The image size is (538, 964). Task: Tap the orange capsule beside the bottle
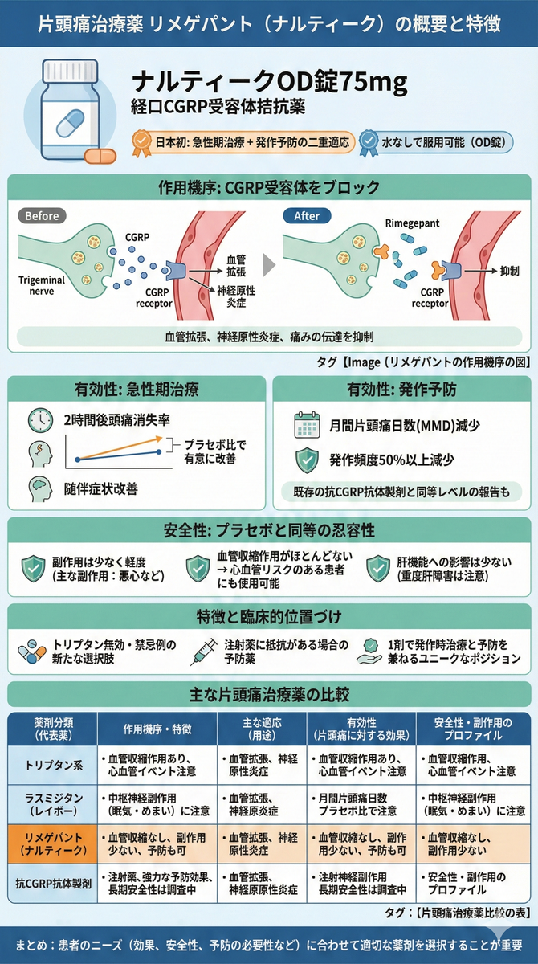pos(100,156)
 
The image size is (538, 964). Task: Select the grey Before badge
pos(42,215)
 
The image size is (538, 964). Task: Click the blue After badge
pos(307,215)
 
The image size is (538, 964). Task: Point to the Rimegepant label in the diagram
pos(412,223)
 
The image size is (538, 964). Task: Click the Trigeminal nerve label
pos(42,285)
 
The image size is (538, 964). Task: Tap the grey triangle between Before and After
pos(269,264)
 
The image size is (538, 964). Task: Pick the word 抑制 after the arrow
pos(509,272)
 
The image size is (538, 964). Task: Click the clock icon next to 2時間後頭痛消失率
pos(40,420)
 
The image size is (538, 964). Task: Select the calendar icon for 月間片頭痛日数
pos(307,425)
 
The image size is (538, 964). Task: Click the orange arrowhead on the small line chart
pos(159,439)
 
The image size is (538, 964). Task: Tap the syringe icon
pos(203,652)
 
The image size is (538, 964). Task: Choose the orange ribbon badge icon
pos(141,143)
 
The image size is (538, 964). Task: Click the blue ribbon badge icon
pos(369,143)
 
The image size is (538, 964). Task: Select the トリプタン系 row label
pos(53,765)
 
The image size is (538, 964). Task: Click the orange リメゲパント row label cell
pos(53,844)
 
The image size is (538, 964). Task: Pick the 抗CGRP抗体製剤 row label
pos(53,884)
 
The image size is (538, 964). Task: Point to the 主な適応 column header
pos(262,729)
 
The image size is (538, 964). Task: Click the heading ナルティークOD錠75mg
pos(269,82)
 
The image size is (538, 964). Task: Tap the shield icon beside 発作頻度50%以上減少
pos(307,460)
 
